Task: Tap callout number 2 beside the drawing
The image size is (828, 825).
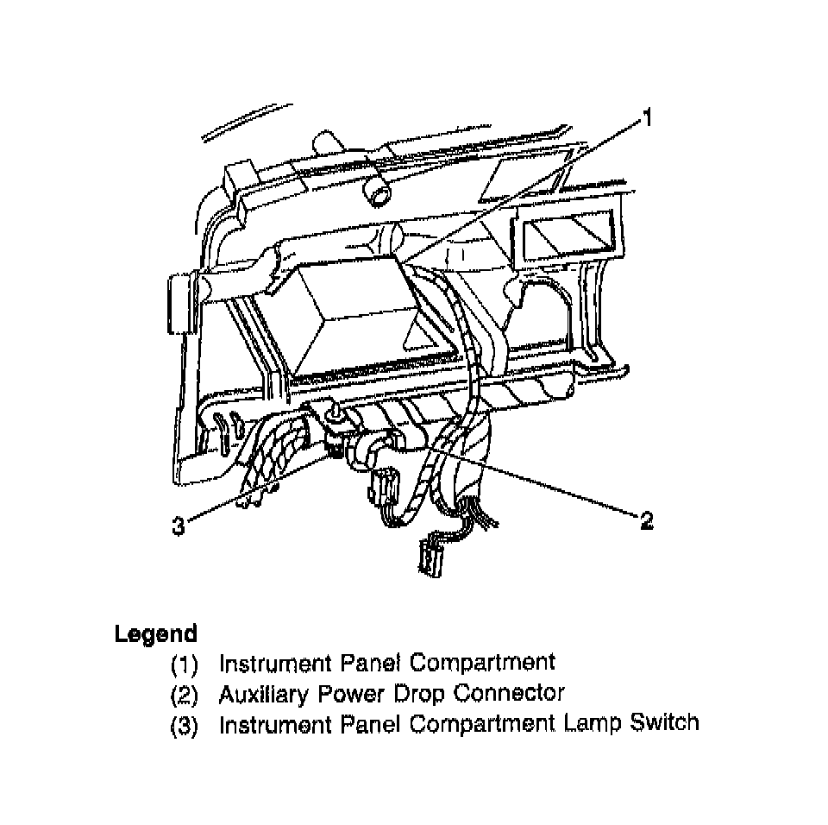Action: point(646,520)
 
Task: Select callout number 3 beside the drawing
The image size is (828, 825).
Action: point(178,526)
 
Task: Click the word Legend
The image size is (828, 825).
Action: point(156,634)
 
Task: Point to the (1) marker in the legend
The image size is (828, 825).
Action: point(184,664)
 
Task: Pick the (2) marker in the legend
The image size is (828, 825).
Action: point(184,694)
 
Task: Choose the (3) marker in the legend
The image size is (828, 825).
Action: point(184,724)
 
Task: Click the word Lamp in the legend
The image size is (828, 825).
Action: point(587,722)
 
